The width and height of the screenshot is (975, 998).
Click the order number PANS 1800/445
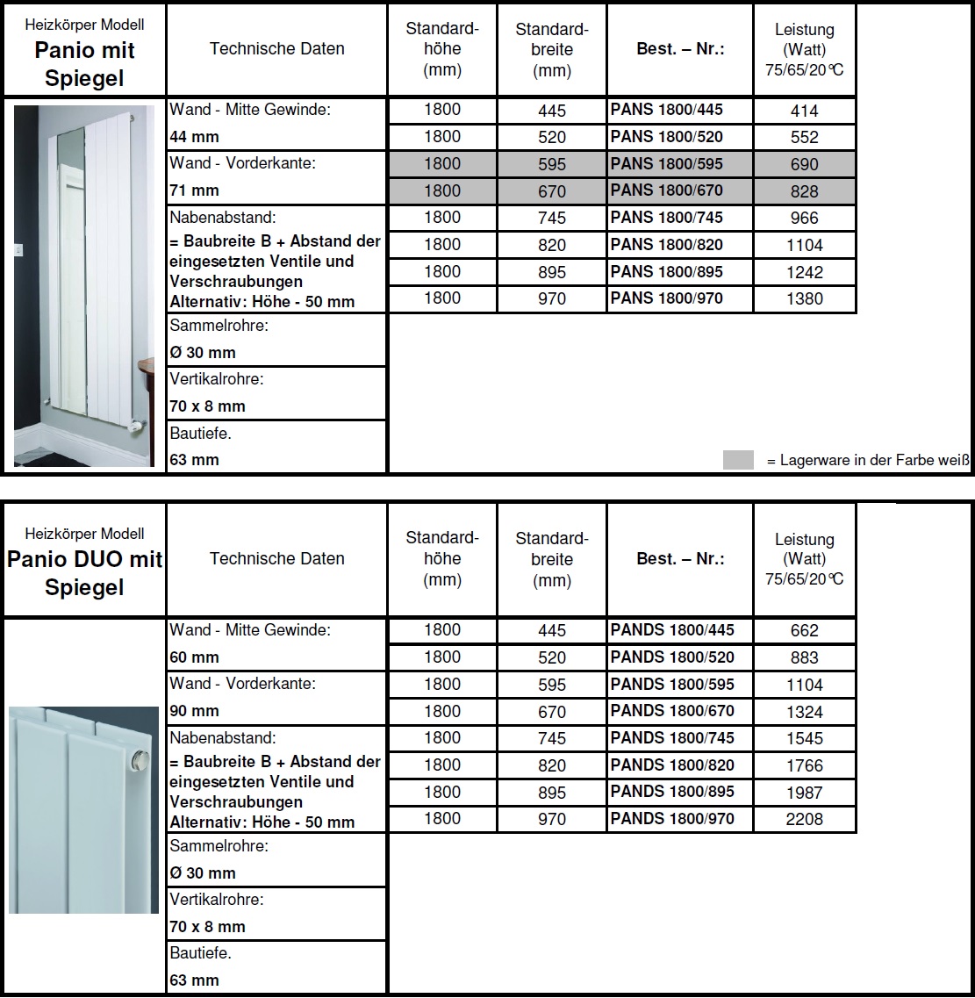(667, 111)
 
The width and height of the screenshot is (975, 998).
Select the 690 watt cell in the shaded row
(804, 164)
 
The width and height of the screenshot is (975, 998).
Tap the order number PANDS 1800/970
(672, 819)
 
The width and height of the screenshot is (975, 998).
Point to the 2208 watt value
(804, 819)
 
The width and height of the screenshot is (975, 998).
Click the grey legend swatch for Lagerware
(738, 460)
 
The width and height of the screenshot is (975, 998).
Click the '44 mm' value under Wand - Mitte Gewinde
(195, 137)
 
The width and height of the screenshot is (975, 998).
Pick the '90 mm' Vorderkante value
(195, 710)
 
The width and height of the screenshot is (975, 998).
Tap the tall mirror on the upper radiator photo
(72, 272)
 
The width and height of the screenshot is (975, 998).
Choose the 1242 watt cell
(804, 272)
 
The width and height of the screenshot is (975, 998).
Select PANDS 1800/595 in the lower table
(672, 685)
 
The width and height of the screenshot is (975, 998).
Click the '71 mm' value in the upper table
(195, 190)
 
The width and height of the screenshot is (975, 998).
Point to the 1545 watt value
(804, 738)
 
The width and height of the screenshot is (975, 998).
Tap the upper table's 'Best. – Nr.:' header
(680, 49)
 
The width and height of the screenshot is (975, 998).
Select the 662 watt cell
(804, 630)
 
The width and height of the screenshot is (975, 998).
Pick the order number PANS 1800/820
(667, 245)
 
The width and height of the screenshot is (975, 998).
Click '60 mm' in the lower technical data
(195, 657)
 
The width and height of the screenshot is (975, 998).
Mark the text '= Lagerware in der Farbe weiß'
(867, 461)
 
